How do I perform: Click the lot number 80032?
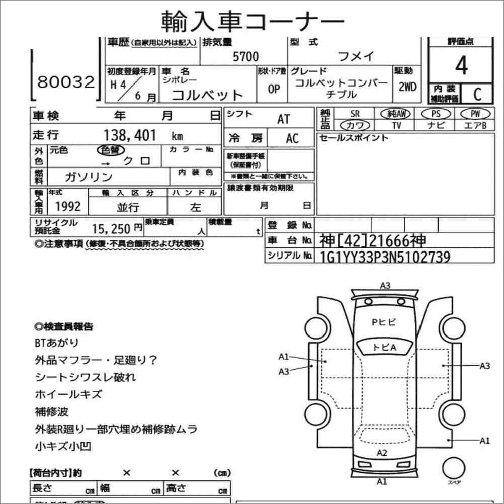66,82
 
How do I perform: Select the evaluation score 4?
461,66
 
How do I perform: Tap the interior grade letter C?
476,93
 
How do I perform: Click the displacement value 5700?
246,57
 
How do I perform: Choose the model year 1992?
67,206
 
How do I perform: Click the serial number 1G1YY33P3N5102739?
385,257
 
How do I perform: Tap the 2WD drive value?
407,87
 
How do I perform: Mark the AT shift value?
284,119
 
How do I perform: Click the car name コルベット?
208,95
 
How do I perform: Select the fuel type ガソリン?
89,177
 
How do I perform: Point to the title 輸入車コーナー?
253,21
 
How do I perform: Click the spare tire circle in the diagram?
454,467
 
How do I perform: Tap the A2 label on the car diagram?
382,453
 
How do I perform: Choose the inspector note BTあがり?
57,343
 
